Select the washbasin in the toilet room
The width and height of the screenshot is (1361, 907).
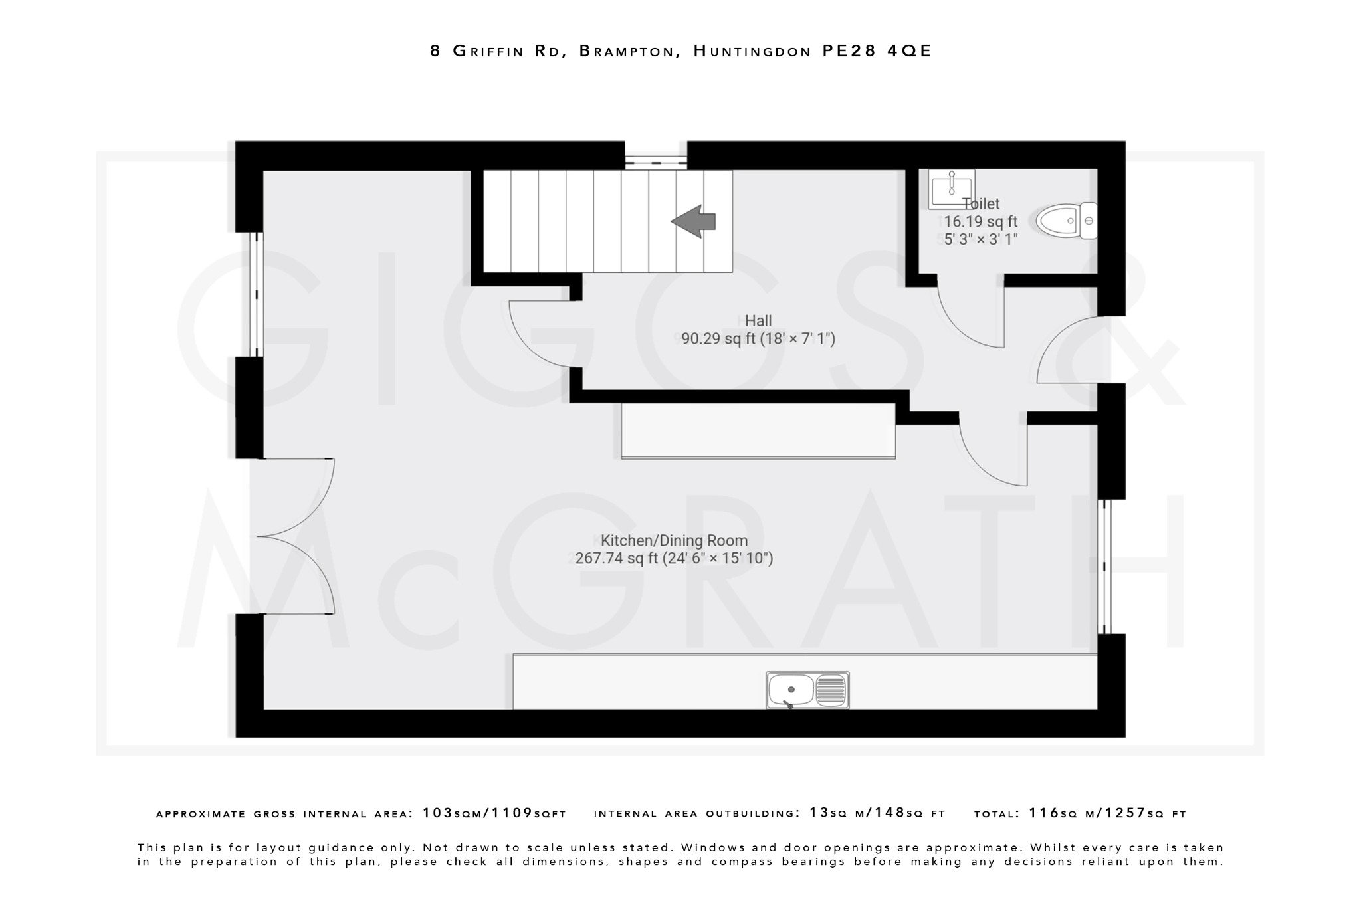(x=951, y=189)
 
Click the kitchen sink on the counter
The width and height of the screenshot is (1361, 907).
(x=807, y=690)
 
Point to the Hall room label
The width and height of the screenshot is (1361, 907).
(x=758, y=321)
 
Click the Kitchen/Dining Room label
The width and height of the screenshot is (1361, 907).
(x=674, y=540)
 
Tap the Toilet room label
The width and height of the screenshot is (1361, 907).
(x=981, y=204)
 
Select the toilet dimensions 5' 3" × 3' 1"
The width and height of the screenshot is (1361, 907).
(x=981, y=239)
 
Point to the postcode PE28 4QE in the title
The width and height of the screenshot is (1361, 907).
(x=877, y=51)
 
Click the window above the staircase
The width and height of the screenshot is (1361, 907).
(x=655, y=160)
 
